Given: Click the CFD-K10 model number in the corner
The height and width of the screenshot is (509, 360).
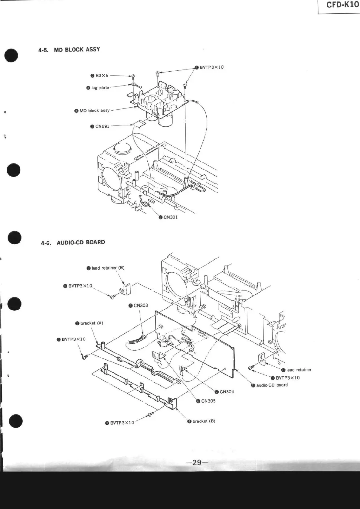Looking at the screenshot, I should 342,6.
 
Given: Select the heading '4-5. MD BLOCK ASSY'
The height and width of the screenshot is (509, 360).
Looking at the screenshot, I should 69,50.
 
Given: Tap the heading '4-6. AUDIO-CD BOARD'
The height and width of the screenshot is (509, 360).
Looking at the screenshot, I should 73,242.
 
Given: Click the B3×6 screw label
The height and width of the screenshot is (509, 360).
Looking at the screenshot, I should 102,76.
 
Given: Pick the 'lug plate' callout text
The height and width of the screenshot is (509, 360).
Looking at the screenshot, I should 100,88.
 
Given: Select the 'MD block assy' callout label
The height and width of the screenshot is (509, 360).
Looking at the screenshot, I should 94,111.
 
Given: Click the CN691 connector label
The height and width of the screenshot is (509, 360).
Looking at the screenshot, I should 102,126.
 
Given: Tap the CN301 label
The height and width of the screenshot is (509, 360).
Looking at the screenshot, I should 170,217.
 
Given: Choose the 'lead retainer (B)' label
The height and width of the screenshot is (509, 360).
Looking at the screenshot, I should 108,268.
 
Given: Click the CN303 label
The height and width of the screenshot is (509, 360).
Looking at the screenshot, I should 141,305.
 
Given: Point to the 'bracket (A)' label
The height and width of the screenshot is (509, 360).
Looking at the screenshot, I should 91,323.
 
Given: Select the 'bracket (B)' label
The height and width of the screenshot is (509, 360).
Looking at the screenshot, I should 204,421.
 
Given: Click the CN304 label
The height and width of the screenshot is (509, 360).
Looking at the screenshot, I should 227,392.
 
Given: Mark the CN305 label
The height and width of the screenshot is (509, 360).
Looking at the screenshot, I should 208,401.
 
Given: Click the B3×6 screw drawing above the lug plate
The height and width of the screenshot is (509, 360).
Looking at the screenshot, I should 133,76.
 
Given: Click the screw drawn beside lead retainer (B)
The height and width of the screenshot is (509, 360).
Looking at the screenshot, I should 113,297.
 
